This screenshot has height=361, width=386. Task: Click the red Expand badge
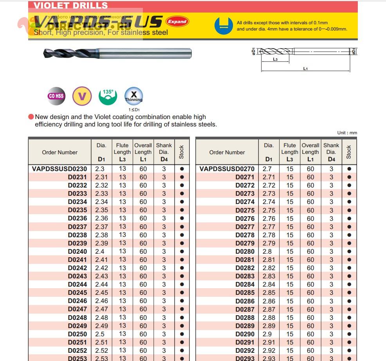coord(177,22)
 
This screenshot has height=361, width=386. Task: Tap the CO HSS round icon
coord(56,96)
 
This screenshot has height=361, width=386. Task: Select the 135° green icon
coord(108,96)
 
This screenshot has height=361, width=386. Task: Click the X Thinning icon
coord(133,96)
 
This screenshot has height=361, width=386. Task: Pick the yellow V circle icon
coord(82,96)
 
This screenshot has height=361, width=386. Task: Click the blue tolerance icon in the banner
coord(224,25)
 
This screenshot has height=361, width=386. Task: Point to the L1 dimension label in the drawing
coord(305,69)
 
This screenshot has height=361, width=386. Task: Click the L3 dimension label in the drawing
coord(275,59)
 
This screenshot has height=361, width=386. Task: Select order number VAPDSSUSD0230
coord(60,169)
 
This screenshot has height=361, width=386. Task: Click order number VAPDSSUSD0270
coord(227,169)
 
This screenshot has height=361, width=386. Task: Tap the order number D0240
coord(78,251)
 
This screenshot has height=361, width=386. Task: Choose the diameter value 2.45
coord(101,292)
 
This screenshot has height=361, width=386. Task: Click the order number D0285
coord(245,292)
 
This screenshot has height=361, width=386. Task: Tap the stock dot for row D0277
coord(349,227)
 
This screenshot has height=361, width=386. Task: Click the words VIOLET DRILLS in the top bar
coord(70,5)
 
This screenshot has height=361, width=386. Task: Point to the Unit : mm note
coord(347,133)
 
